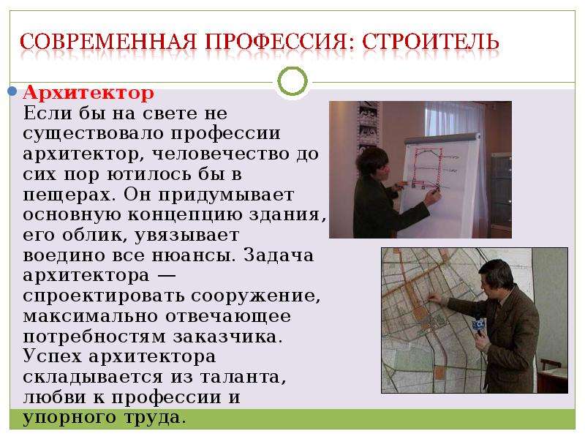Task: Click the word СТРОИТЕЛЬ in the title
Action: (x=430, y=42)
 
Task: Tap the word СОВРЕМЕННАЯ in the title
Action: (x=107, y=42)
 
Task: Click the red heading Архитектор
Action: (x=88, y=92)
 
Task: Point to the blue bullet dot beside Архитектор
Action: (x=12, y=91)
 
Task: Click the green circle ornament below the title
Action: (x=292, y=81)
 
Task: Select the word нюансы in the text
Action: (x=195, y=255)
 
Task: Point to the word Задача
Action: (x=279, y=255)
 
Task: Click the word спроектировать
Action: (x=104, y=296)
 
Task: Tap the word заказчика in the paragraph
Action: (x=228, y=337)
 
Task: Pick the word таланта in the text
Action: (x=244, y=378)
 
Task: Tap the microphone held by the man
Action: (x=479, y=325)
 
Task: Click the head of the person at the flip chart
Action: (x=372, y=162)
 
